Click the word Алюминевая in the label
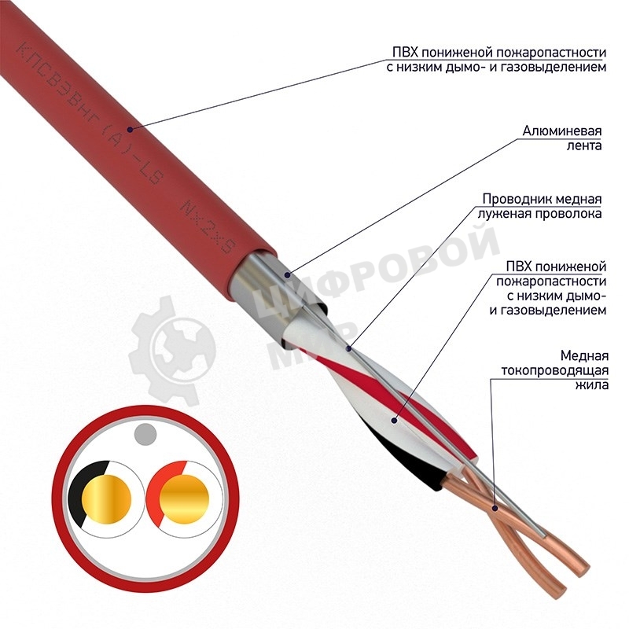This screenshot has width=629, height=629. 561,131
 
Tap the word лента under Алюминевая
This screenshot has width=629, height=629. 583,145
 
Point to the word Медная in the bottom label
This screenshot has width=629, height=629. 584,356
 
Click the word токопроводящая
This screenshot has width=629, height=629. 555,370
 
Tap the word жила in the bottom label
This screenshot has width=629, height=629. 592,385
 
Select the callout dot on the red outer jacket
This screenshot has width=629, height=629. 130,129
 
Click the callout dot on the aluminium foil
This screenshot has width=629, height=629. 287,274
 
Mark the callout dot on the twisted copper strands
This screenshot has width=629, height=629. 495,508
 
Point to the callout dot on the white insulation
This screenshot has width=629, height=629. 395,421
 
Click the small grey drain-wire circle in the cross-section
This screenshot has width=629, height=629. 145,435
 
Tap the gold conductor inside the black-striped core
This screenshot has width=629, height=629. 106,499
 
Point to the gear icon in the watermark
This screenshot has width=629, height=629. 171,351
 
